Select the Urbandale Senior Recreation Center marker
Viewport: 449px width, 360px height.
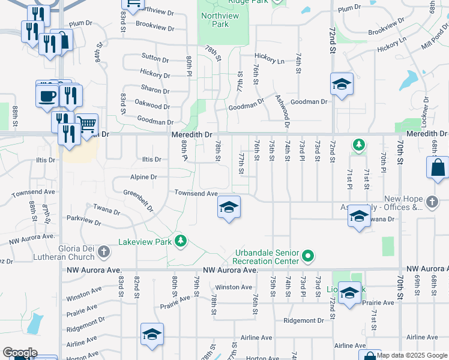(308, 256)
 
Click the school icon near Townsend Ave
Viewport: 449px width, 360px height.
(229, 208)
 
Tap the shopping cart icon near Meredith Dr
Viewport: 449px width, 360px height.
(86, 125)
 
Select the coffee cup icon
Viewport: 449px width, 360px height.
(47, 95)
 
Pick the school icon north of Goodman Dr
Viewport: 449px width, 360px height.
(341, 84)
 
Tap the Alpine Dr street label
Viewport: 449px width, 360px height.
(144, 177)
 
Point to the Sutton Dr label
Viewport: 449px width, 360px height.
(155, 58)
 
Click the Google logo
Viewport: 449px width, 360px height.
(19, 353)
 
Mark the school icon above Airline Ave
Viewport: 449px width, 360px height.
(152, 334)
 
